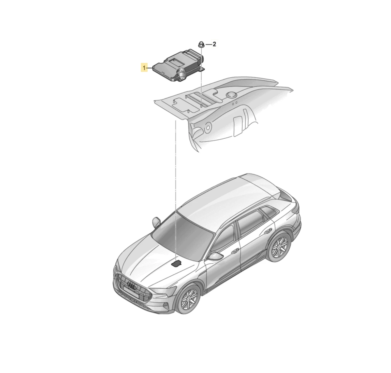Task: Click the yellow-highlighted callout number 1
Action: point(144,68)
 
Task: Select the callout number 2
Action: point(214,44)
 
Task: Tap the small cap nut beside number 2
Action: point(201,45)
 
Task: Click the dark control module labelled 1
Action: point(179,66)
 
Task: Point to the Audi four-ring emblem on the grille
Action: point(132,285)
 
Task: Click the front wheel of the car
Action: point(188,299)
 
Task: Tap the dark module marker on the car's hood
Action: point(176,263)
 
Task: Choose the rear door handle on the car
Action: point(268,231)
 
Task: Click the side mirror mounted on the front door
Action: point(215,256)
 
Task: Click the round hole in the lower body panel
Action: point(208,127)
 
